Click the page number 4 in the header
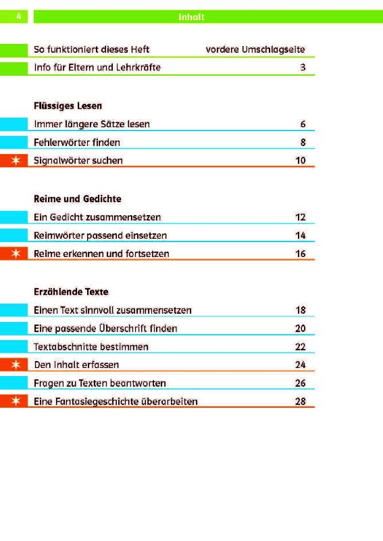coord(19,16)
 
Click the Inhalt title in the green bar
coord(191,17)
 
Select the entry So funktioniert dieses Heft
coord(91,49)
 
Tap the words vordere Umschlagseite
coord(255,49)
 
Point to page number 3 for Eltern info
coord(303,67)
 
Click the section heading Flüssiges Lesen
coord(68,105)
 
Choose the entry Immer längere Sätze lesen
coord(92,124)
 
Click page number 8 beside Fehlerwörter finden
coord(303,142)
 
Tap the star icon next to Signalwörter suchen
coord(16,160)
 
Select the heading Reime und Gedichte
coord(78,199)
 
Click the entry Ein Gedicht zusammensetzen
coord(97,217)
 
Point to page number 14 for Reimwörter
coord(301,235)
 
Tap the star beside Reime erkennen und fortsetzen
coord(16,254)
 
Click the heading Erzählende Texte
coord(71,292)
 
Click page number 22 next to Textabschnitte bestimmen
coord(301,346)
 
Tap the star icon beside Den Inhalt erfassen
coord(16,364)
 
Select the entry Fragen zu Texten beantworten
coord(99,383)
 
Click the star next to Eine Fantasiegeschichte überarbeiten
coord(16,401)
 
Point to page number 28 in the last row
coord(301,401)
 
